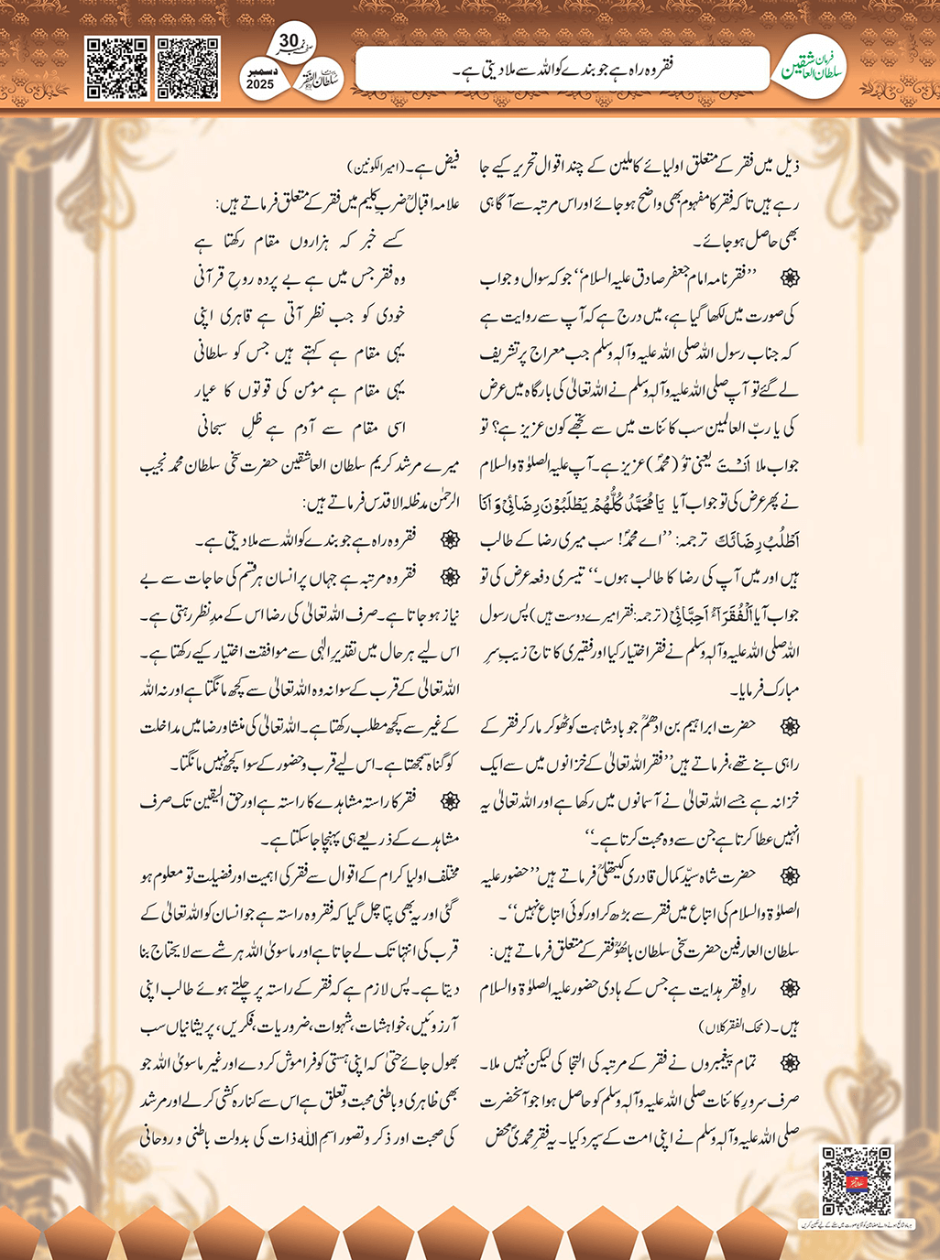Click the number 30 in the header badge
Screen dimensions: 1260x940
click(289, 42)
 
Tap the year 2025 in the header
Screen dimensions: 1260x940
click(260, 83)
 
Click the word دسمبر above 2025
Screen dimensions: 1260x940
click(260, 71)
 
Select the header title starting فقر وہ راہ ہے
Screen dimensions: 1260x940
click(563, 70)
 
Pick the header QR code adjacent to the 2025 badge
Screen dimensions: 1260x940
click(188, 69)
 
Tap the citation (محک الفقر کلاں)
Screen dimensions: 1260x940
click(733, 1026)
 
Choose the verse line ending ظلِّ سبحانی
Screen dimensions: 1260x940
click(299, 428)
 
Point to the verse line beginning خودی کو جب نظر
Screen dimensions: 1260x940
click(299, 316)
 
